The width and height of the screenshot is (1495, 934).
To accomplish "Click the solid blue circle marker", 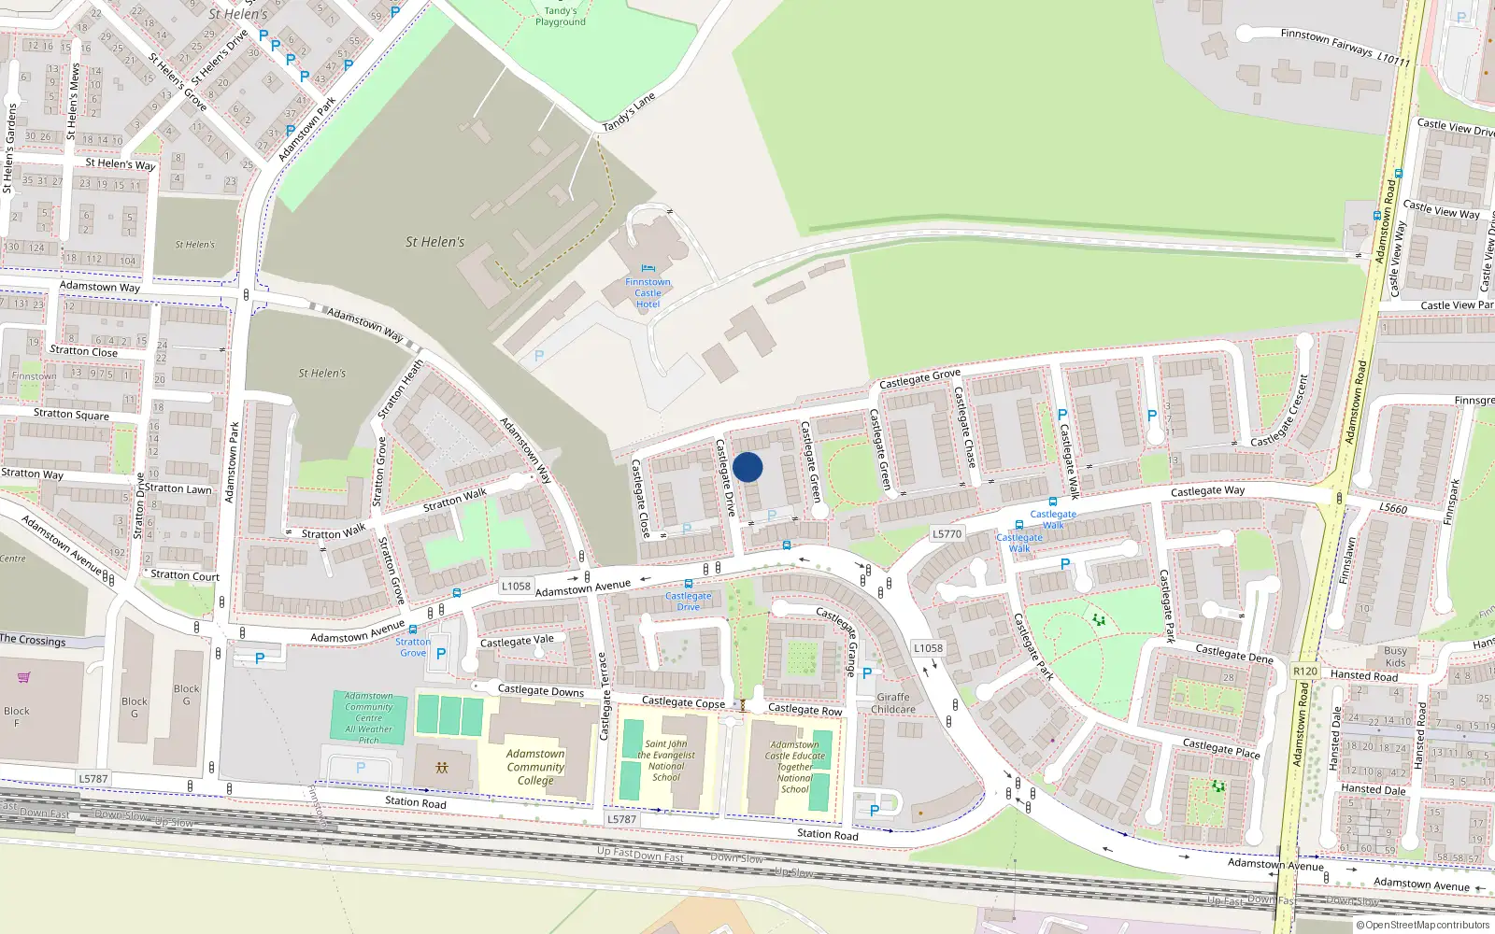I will (x=747, y=467).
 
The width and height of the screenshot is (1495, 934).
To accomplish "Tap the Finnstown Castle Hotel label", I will (x=648, y=292).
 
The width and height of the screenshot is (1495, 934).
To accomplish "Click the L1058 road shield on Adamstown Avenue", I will (x=516, y=587).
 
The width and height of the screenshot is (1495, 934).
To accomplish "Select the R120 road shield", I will (x=1305, y=671).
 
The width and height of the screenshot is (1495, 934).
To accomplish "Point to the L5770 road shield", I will (x=947, y=533).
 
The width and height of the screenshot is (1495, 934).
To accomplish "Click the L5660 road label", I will (x=1392, y=508).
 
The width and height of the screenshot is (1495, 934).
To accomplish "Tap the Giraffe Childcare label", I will (x=893, y=702).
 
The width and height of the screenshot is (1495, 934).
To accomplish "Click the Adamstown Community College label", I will (x=535, y=767).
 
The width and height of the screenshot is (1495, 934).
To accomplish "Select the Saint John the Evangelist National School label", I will (x=666, y=760).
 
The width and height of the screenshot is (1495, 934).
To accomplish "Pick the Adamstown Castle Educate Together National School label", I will (x=795, y=767).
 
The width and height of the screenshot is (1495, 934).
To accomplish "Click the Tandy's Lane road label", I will (x=629, y=112).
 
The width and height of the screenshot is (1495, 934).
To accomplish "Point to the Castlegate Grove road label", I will (x=919, y=378).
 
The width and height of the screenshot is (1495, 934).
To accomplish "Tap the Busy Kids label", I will (x=1395, y=657).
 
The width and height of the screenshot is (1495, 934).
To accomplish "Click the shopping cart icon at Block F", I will (x=23, y=677).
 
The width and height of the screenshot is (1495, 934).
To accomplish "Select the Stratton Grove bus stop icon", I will (x=413, y=630).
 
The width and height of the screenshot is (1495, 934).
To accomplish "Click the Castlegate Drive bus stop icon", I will (x=689, y=584).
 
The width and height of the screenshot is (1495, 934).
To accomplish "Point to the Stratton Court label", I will (x=185, y=575).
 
